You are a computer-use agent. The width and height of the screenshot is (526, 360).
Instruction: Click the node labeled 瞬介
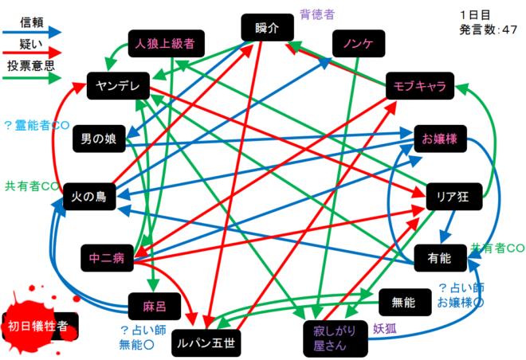point(267,28)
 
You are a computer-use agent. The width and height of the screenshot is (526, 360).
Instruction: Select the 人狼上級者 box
point(167,43)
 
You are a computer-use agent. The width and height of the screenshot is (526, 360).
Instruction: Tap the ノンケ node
point(359,43)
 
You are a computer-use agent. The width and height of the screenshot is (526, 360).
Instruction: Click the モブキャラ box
point(420,86)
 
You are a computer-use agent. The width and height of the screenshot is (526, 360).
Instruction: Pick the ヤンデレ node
point(118,86)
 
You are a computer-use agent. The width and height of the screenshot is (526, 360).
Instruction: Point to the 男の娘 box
point(99,139)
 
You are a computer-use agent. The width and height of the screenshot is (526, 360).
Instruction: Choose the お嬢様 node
point(440,139)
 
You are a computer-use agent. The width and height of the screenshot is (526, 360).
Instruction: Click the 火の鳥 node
point(89,197)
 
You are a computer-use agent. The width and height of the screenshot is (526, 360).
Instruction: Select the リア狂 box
point(454,197)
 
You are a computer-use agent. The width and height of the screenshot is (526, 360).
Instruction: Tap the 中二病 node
point(107,258)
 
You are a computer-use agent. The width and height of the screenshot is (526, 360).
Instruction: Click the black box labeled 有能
point(440,258)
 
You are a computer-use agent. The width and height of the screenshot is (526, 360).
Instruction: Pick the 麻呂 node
point(155,306)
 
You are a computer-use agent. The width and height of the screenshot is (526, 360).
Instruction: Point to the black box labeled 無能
point(405,303)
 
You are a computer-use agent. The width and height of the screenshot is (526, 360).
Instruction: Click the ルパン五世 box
point(206,343)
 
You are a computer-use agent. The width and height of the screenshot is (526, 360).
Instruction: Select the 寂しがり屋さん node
point(336,338)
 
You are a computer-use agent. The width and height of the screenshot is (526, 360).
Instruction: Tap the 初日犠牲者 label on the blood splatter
point(38,326)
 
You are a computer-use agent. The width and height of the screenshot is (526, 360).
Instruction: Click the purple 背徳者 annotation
point(317,15)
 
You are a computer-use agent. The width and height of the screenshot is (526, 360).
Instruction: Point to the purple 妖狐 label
point(385,329)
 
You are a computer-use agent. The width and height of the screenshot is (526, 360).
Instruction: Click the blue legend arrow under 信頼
point(32,33)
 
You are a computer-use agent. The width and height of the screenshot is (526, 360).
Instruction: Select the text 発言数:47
point(488,29)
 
